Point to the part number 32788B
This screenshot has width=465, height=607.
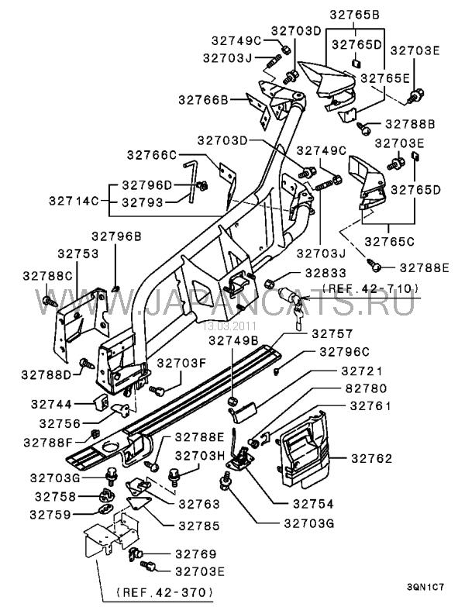point(411,124)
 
